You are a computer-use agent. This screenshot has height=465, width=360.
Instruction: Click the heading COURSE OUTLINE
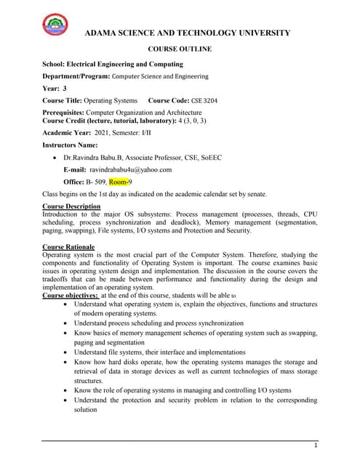[180, 49]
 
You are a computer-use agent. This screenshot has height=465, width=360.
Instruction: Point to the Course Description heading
[71, 206]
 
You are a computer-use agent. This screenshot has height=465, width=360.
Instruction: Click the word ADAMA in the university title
[103, 33]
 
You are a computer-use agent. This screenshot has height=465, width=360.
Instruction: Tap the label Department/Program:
[76, 76]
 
